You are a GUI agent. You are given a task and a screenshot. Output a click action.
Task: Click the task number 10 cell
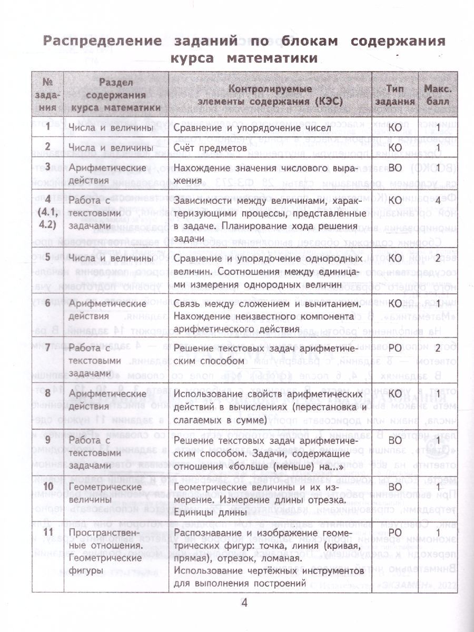coord(48,487)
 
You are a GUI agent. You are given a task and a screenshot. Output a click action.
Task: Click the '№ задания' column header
coord(48,95)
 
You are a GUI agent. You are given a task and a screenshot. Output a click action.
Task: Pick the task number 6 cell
coord(48,304)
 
